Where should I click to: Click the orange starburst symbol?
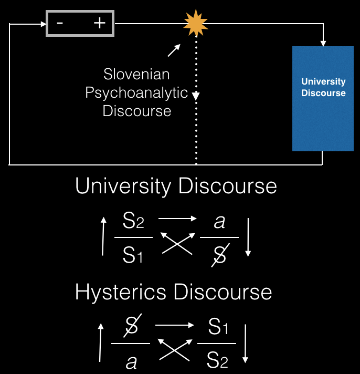coord(196,23)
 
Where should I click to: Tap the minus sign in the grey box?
coord(60,23)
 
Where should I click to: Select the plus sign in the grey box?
coord(99,23)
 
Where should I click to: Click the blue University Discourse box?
coord(323,99)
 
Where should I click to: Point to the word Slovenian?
coord(136,74)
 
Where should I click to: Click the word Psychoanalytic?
coord(136,93)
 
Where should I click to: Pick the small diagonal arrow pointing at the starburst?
coord(174,50)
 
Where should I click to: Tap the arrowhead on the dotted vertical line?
coord(196,96)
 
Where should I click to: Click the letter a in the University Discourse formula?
coord(219,222)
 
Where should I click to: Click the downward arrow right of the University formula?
coord(248,236)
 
